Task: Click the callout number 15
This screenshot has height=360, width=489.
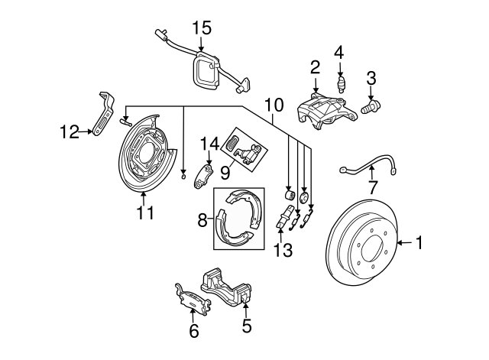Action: tap(202, 28)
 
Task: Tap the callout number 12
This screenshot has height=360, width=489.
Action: tap(70, 132)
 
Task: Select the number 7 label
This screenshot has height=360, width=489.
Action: tap(373, 187)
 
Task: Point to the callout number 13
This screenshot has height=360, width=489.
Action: tap(283, 250)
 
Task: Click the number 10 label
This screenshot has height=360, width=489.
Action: tap(274, 105)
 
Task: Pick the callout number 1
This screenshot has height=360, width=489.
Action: tap(419, 243)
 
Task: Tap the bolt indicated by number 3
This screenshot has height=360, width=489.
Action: tap(371, 107)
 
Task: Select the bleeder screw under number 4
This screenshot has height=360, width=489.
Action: tap(342, 84)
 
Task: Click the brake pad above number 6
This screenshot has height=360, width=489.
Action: tap(193, 301)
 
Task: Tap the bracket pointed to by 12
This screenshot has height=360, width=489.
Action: tap(104, 113)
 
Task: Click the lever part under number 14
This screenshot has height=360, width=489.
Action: tap(203, 177)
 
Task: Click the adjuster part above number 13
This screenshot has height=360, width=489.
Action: tap(284, 216)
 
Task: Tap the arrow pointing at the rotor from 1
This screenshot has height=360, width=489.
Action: tap(403, 243)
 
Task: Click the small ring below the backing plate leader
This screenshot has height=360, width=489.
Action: tap(183, 177)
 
